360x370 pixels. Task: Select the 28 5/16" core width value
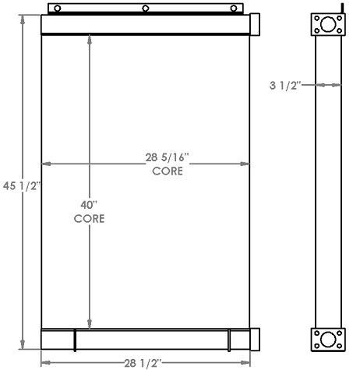(x=167, y=157)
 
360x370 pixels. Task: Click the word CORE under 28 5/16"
(x=167, y=171)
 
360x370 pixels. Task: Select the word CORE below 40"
(x=89, y=219)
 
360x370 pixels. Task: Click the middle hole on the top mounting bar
(x=146, y=9)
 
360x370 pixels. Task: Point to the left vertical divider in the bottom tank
(x=76, y=340)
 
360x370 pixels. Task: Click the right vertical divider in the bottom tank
(x=229, y=340)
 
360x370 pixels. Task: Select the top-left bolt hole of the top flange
(x=317, y=17)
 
